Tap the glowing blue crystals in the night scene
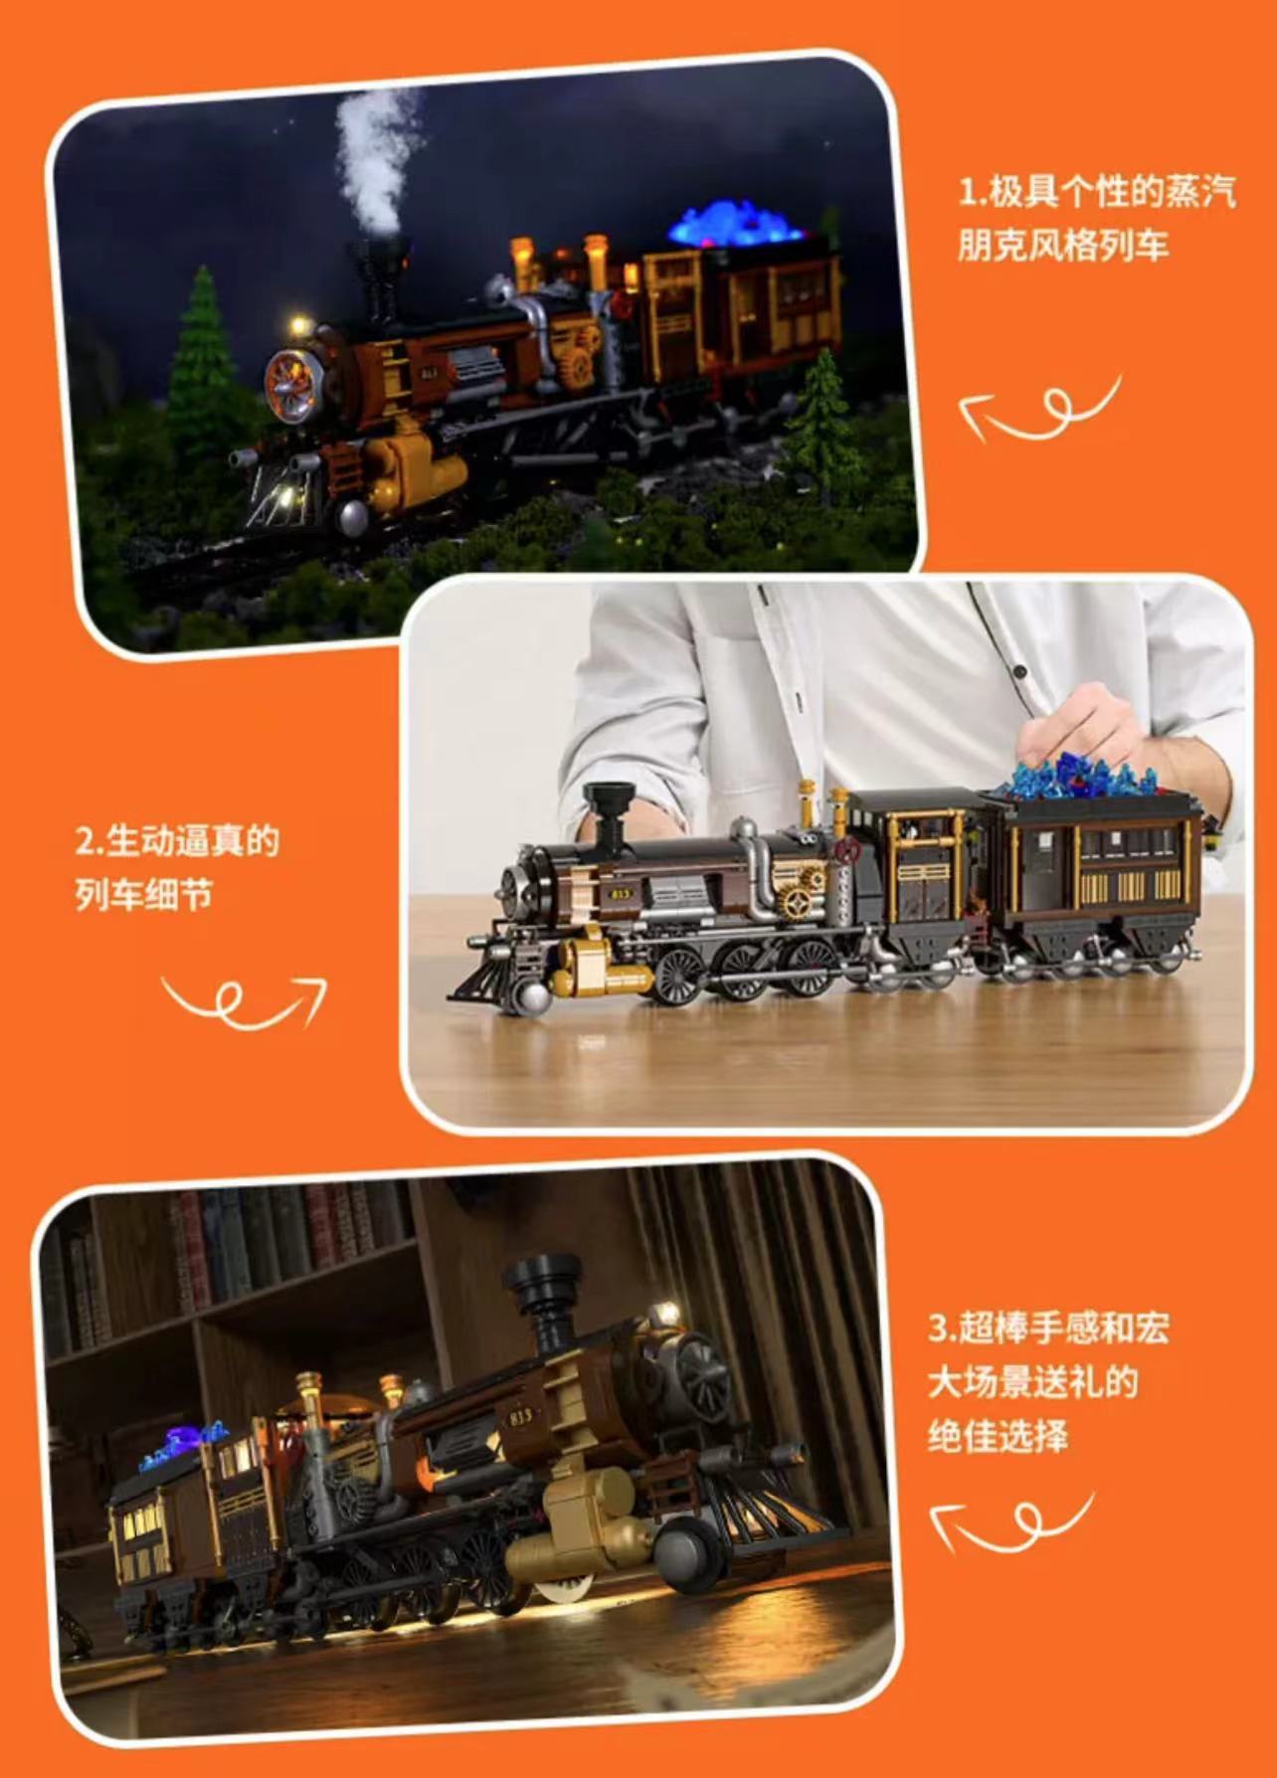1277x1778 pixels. pos(739,225)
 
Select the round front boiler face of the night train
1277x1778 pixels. pos(291,386)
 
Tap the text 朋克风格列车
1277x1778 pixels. pos(1063,245)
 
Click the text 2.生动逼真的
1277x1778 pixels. pos(177,841)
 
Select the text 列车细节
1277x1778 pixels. pos(144,895)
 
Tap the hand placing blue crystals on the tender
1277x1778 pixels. pos(1079,731)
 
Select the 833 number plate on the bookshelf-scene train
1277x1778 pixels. pos(520,1416)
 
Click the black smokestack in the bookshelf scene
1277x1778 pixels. pos(542,1299)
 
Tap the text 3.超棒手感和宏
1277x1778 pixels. pos(1048,1329)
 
